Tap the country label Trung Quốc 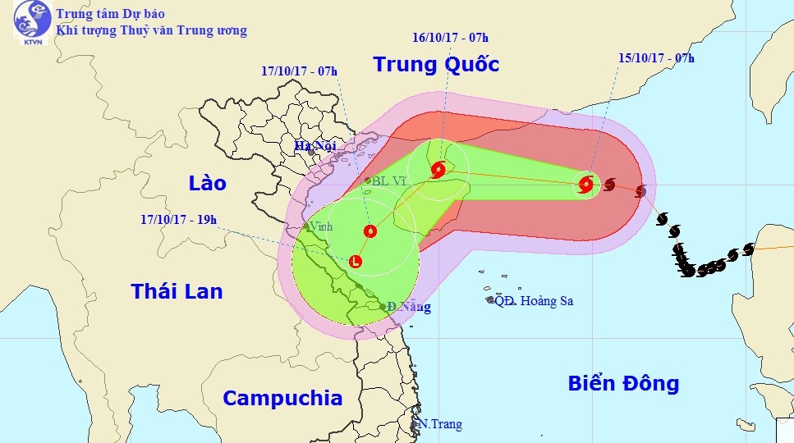click(436, 64)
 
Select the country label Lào click(207, 182)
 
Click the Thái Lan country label click(177, 290)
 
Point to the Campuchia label click(282, 398)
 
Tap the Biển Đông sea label click(624, 382)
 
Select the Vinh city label click(320, 227)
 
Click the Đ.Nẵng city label click(408, 308)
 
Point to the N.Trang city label click(440, 424)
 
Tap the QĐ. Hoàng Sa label click(534, 301)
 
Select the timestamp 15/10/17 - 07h click(656, 57)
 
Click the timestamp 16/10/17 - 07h click(451, 37)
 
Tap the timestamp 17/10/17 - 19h click(179, 220)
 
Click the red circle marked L click(355, 262)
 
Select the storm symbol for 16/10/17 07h click(438, 171)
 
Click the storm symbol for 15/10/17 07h click(586, 185)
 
